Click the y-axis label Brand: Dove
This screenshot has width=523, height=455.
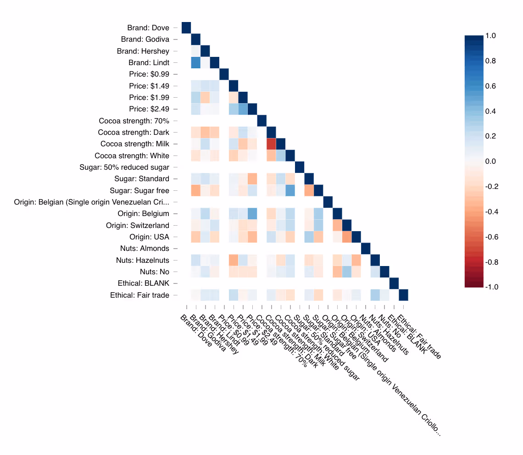[x=148, y=28]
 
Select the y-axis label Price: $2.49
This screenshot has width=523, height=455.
[x=150, y=109]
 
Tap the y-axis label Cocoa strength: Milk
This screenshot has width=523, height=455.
[x=135, y=144]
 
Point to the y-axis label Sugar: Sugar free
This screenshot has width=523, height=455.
[x=139, y=190]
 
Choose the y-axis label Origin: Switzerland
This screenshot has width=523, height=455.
[x=138, y=225]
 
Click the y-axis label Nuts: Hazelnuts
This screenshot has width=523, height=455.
[x=143, y=260]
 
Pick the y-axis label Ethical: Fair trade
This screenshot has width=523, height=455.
[x=139, y=295]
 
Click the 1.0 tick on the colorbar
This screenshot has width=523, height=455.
[x=497, y=35]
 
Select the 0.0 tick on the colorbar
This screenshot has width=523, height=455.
[x=497, y=161]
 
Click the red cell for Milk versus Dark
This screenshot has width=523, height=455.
[x=271, y=144]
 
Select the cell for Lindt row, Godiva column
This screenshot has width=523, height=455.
[x=196, y=62]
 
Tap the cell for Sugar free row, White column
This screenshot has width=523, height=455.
[x=290, y=190]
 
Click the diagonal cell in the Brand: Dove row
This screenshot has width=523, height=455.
[x=187, y=28]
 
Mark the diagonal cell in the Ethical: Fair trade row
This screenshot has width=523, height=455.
[x=403, y=295]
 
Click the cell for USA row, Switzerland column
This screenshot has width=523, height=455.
[x=347, y=237]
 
